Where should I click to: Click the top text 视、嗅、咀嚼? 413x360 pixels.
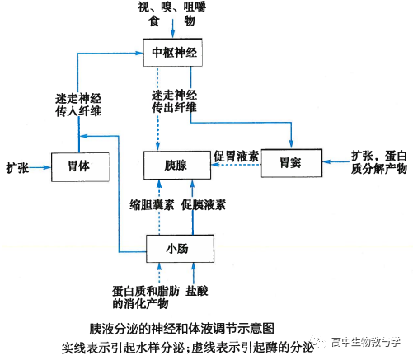[173, 8]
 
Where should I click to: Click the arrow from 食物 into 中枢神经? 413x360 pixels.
[173, 31]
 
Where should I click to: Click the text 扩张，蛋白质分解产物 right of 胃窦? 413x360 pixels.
[379, 161]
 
